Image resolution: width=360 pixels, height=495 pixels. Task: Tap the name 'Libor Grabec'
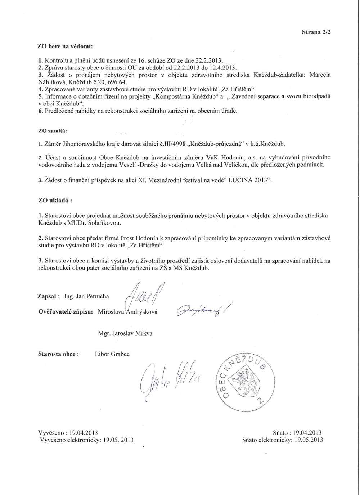click(112, 354)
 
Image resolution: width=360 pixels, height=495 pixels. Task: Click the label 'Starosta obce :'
click(57, 354)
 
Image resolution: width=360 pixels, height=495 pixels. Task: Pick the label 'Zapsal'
click(46, 296)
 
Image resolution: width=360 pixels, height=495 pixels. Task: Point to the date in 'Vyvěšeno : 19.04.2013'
click(83, 433)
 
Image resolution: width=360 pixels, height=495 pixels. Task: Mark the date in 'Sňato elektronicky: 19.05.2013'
click(309, 440)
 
